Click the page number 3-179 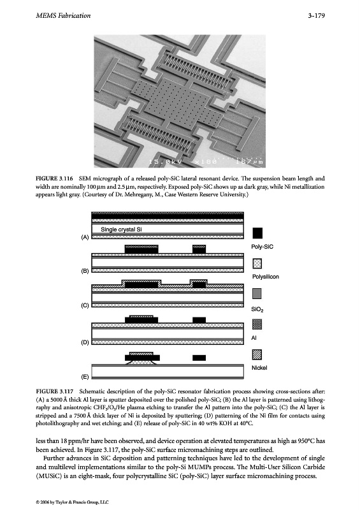point(317,15)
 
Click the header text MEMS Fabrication point(63,15)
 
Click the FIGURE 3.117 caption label point(54,391)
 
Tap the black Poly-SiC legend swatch point(257,233)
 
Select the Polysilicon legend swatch point(257,263)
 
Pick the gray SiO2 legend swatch point(257,293)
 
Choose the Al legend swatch point(257,324)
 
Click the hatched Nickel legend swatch point(257,354)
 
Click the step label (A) point(85,237)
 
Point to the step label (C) point(85,305)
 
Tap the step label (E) point(85,377)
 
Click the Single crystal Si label point(121,229)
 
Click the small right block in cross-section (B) point(199,249)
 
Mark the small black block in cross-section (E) point(199,358)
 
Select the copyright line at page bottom point(72,502)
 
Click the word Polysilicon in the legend point(266,277)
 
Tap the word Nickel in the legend point(259,368)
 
